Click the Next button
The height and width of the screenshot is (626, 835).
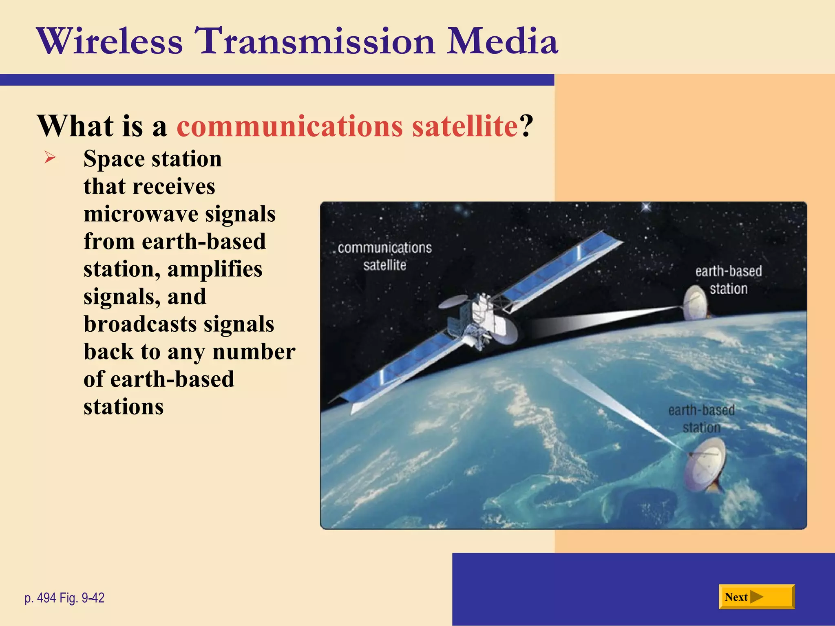(756, 597)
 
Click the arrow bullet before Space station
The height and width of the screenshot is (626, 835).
(50, 157)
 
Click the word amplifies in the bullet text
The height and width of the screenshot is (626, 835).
(215, 269)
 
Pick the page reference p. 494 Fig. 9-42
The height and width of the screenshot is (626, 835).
(64, 598)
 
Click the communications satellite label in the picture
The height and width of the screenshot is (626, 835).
(384, 256)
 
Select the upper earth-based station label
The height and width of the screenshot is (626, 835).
(728, 280)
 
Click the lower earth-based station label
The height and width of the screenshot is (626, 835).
(701, 419)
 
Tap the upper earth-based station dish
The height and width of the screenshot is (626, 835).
(695, 304)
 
